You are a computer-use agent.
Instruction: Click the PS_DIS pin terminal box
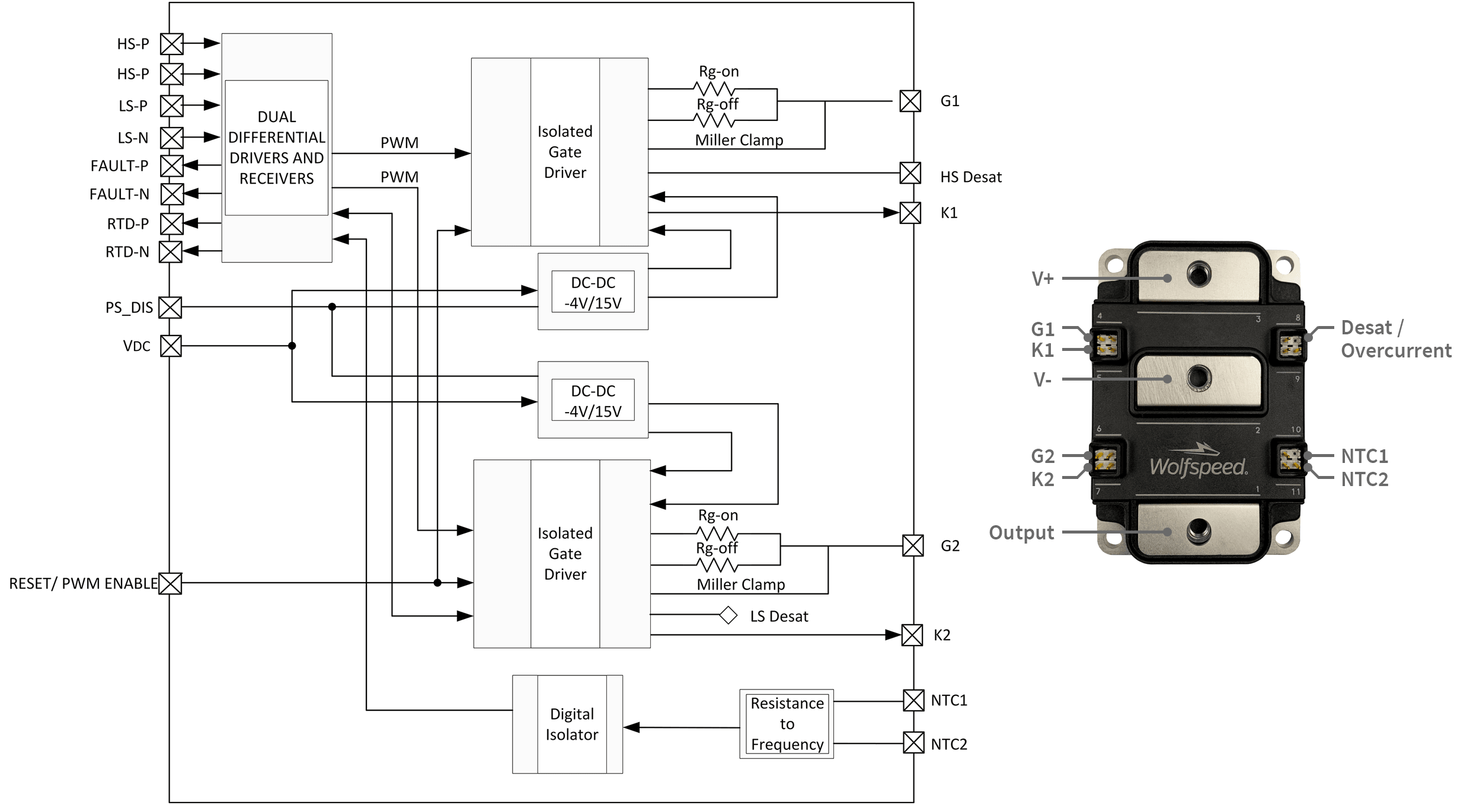(x=171, y=308)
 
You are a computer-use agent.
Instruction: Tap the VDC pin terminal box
(x=171, y=346)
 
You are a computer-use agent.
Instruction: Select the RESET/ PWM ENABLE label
(x=83, y=583)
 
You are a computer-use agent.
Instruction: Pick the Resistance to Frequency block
(x=787, y=724)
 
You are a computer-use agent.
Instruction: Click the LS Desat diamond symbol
(x=728, y=615)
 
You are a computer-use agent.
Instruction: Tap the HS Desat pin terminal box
(x=910, y=173)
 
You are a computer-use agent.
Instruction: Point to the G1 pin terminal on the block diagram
(x=910, y=101)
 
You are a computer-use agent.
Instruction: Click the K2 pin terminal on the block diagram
(x=912, y=635)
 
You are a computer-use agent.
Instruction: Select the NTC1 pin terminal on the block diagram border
(x=913, y=700)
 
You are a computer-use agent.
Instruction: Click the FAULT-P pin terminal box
(x=172, y=166)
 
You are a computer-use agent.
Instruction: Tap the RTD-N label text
(x=127, y=252)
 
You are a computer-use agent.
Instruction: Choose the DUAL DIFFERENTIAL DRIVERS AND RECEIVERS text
(x=276, y=148)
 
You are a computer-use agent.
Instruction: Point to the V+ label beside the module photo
(x=1042, y=279)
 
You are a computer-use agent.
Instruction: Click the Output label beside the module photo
(x=1021, y=532)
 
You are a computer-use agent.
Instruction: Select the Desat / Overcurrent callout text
(x=1395, y=339)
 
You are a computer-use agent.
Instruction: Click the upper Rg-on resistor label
(x=718, y=72)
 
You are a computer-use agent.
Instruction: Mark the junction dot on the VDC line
(x=292, y=346)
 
